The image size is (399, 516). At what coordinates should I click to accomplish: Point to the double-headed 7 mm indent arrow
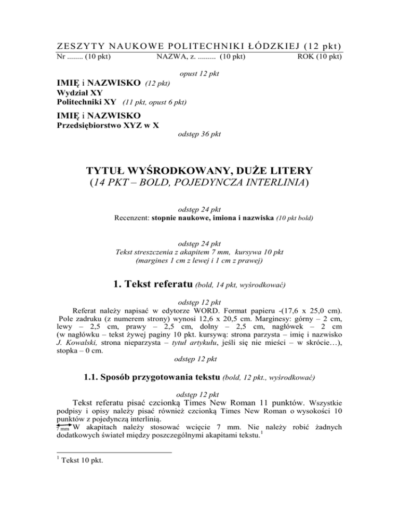(x=62, y=427)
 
